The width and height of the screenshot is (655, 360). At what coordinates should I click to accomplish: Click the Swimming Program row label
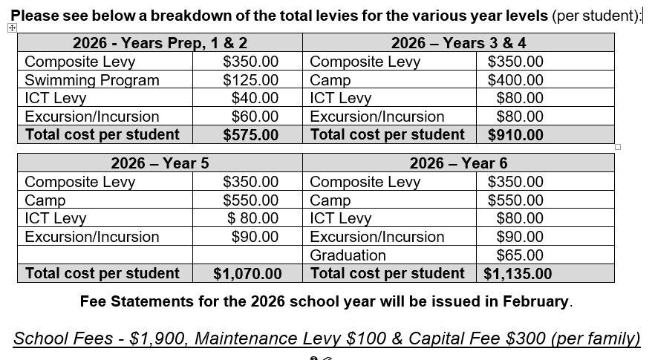92,80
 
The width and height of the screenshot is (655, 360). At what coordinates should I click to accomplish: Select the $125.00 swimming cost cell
250,80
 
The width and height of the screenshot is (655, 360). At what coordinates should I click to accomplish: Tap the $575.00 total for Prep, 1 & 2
250,135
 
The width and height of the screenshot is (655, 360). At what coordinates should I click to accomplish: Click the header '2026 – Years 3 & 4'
458,43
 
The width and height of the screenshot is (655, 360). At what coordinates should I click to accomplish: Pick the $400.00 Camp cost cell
515,80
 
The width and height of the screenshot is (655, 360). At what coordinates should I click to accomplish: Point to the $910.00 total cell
515,135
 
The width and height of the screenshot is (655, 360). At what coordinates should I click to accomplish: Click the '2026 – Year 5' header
160,163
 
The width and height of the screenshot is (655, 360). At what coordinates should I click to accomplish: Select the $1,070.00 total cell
247,274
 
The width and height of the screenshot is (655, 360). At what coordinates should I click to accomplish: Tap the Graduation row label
348,255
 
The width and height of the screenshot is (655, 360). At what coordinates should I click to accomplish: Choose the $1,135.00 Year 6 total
518,274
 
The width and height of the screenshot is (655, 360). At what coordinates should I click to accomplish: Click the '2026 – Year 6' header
458,163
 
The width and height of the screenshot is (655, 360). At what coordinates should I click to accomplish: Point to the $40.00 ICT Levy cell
255,98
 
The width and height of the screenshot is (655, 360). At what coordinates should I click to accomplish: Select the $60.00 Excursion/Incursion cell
255,117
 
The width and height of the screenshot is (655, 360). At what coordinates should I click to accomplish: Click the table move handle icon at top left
12,28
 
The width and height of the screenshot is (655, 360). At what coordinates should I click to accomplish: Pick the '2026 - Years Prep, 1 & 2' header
160,43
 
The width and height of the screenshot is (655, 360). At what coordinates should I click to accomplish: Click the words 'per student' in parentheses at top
596,16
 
